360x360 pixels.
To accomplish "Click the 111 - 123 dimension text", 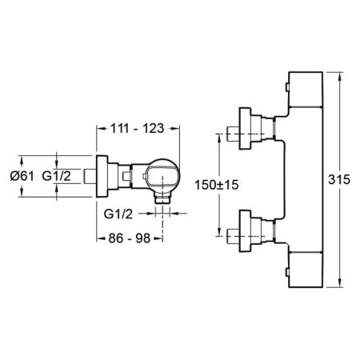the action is [x=137, y=129].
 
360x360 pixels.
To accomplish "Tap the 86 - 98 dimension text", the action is [x=130, y=238].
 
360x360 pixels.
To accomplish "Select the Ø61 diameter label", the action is [x=22, y=176].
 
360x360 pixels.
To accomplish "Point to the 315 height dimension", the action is [x=339, y=179].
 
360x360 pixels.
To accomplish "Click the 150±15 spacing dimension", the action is [x=217, y=185].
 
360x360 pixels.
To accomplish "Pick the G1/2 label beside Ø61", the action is [x=57, y=176].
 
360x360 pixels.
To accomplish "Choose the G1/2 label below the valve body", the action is [x=118, y=214].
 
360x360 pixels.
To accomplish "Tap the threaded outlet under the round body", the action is [x=162, y=199].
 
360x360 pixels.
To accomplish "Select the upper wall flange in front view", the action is [x=245, y=128].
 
